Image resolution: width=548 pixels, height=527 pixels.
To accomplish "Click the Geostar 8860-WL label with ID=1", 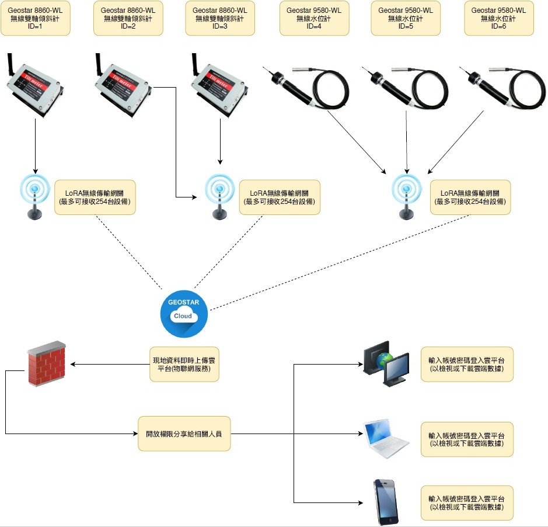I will click(35, 18).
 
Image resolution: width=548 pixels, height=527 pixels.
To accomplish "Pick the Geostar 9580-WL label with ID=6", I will click(498, 18).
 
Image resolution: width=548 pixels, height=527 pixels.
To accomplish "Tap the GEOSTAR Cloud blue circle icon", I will click(184, 314).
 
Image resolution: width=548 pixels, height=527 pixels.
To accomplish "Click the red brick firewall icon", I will click(47, 363).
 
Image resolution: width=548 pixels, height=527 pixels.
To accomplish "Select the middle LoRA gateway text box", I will click(280, 197).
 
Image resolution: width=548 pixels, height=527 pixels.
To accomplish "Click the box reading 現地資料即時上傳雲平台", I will click(184, 364).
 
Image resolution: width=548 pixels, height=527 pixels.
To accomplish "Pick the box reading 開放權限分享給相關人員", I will click(184, 434).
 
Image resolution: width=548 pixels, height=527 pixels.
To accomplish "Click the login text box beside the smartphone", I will click(467, 502).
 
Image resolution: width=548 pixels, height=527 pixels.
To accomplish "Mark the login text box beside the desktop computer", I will click(467, 364).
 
